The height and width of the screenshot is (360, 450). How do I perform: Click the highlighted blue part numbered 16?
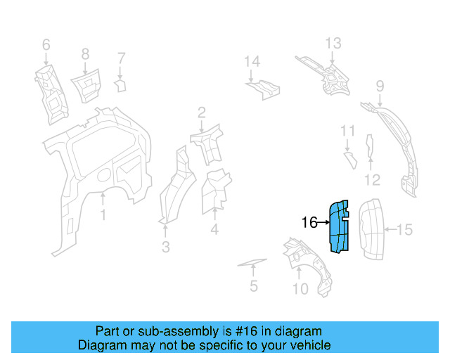pyautogui.click(x=340, y=226)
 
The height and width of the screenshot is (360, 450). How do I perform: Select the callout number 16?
pyautogui.click(x=309, y=223)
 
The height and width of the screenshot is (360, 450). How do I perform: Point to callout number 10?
pyautogui.click(x=300, y=288)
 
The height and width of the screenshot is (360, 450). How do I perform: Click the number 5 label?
pyautogui.click(x=254, y=286)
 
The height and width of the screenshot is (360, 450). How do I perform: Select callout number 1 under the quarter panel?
pyautogui.click(x=103, y=214)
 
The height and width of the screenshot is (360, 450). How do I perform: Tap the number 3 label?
pyautogui.click(x=165, y=247)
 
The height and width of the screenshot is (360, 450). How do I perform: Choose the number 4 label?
pyautogui.click(x=214, y=229)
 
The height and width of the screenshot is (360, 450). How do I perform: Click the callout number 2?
pyautogui.click(x=201, y=112)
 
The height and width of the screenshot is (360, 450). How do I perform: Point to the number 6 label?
pyautogui.click(x=46, y=45)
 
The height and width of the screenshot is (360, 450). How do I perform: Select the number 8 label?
pyautogui.click(x=85, y=53)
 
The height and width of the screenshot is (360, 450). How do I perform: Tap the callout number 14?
pyautogui.click(x=252, y=62)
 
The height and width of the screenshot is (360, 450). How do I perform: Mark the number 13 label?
pyautogui.click(x=333, y=44)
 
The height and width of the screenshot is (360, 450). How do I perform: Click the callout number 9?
pyautogui.click(x=380, y=86)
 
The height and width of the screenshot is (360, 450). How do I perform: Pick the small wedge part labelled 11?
pyautogui.click(x=348, y=159)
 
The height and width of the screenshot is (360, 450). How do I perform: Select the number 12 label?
pyautogui.click(x=372, y=180)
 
